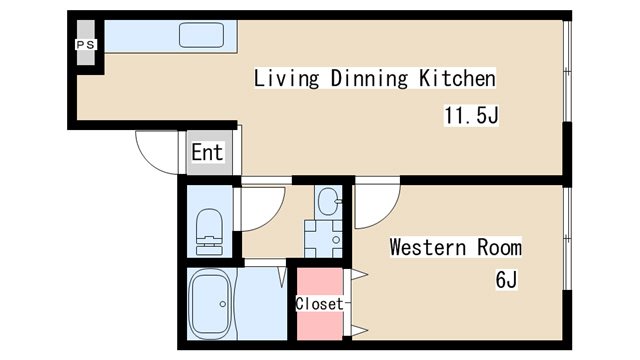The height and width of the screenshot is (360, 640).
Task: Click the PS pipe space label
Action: click(x=86, y=44)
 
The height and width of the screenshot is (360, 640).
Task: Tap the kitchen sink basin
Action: click(x=202, y=35)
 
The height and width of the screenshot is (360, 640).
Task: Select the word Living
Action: click(x=286, y=78)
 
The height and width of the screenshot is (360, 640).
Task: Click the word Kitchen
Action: click(x=457, y=78)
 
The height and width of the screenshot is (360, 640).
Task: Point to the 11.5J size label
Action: click(x=471, y=115)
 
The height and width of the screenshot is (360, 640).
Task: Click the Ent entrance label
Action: click(x=207, y=152)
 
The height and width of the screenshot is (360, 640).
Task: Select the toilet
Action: click(x=209, y=232)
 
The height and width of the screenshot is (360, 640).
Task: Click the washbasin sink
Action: click(x=329, y=201)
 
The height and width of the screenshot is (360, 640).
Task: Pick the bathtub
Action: click(x=211, y=304)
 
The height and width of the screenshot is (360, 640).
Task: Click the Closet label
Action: click(x=319, y=304)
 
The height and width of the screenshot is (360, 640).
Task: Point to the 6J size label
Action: click(x=506, y=280)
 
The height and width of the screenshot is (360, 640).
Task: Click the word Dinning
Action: click(x=369, y=78)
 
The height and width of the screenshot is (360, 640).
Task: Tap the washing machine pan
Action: click(x=323, y=239)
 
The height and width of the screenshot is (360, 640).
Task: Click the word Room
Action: click(x=499, y=247)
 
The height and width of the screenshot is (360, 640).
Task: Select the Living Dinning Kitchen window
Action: click(x=567, y=71)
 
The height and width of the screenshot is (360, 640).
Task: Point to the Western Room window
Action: click(x=567, y=238)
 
